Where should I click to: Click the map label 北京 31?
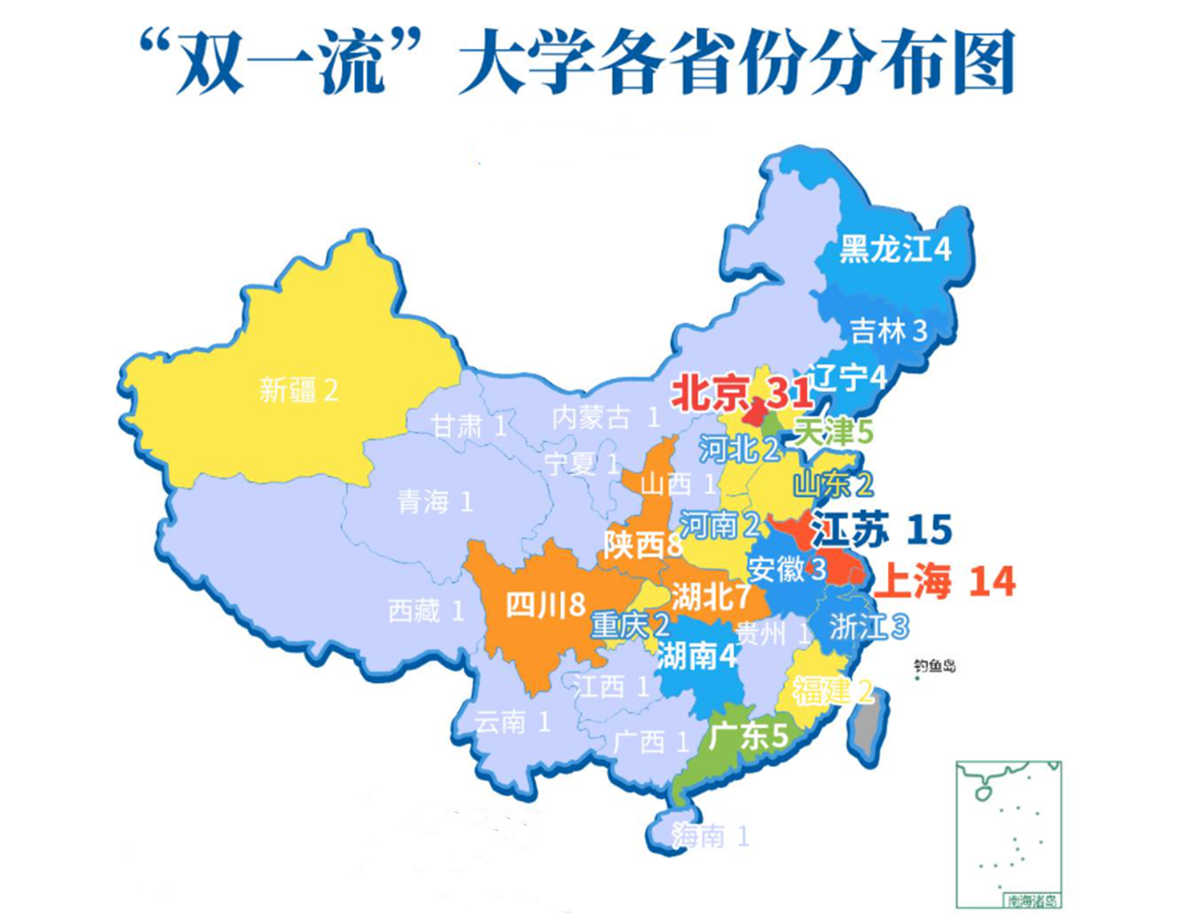coord(741,393)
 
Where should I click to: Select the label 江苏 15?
coord(882,529)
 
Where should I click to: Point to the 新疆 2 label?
coord(298,390)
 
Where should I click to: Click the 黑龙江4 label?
coord(894,249)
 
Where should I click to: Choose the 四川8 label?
coord(545,604)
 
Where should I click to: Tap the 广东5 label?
coord(748,736)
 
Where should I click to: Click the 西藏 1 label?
coord(426,611)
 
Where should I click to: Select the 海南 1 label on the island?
coord(710,836)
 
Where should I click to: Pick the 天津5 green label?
coord(833,432)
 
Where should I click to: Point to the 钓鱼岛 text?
coord(934,666)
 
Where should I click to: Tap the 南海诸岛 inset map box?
coord(1008,835)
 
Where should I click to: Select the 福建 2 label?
coord(832,691)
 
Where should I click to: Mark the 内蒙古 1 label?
coord(605,417)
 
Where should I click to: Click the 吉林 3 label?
coord(888,332)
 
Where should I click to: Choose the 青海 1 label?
coord(435,502)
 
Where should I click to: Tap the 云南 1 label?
coord(512,722)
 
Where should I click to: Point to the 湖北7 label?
coord(711,596)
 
